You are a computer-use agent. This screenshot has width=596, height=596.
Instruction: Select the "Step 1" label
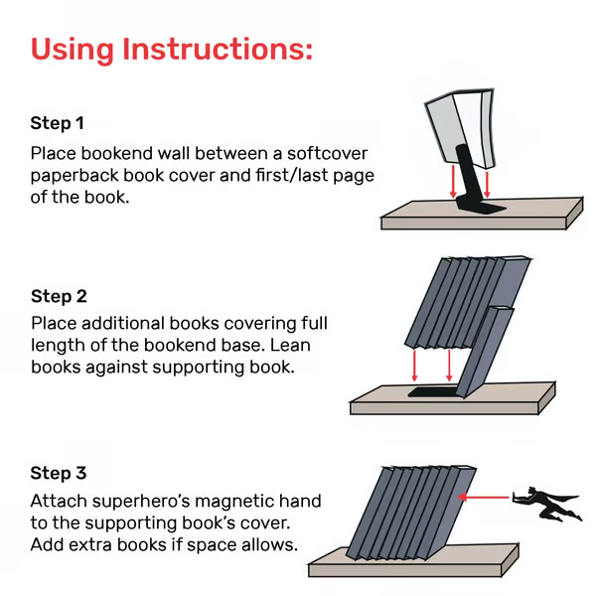click(58, 124)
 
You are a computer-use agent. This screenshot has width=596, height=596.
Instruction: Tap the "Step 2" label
click(59, 296)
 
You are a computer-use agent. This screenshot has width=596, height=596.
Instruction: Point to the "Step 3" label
click(59, 473)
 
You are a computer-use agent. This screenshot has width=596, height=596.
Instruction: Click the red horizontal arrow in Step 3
click(488, 497)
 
